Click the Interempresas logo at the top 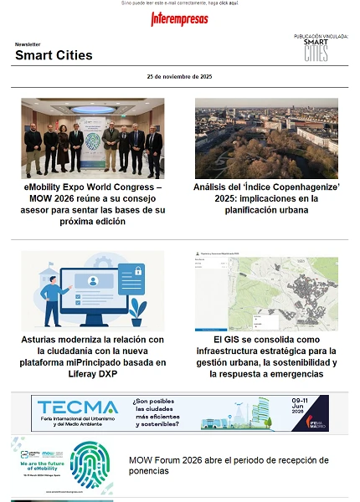coord(179,18)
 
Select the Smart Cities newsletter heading coord(54,55)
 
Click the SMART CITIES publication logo coord(316,50)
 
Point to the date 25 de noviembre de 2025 coord(179,76)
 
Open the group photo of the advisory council coord(93,138)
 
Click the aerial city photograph coord(266,138)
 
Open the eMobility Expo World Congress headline coord(93,205)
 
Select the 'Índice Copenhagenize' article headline coord(266,199)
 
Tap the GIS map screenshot coord(266,289)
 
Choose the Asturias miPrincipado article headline coord(93,356)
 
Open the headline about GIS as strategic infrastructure coord(266,356)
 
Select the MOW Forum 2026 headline coord(229,465)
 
